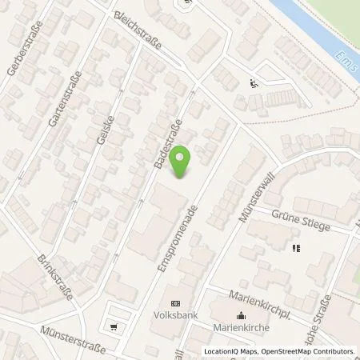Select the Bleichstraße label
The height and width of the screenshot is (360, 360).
(138, 31)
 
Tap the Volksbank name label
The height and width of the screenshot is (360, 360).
(176, 314)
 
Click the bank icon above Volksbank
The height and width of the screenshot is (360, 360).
(176, 303)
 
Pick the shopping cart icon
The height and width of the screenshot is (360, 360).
(114, 326)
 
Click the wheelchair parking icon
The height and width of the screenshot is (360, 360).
(254, 81)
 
